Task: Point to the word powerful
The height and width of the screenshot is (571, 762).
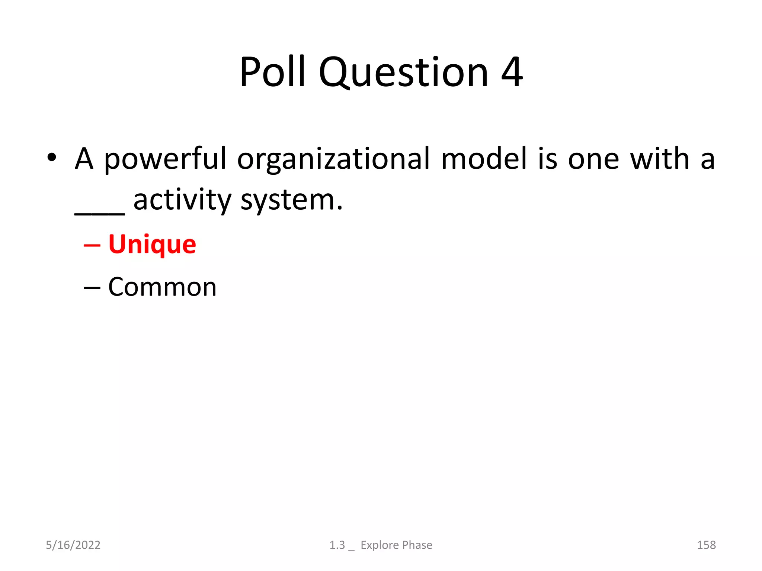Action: (165, 159)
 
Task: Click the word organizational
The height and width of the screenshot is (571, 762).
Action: (333, 159)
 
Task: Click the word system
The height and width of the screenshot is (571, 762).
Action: (291, 201)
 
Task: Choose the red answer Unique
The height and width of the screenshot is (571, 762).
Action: (152, 245)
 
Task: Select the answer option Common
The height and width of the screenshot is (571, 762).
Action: (162, 287)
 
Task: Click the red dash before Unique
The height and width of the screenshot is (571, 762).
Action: (92, 245)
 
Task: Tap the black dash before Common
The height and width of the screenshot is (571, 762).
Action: (92, 288)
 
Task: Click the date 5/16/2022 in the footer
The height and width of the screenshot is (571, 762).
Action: (73, 545)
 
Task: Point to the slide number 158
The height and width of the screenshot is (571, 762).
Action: (706, 545)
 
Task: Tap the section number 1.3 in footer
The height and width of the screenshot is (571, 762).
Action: (337, 545)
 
